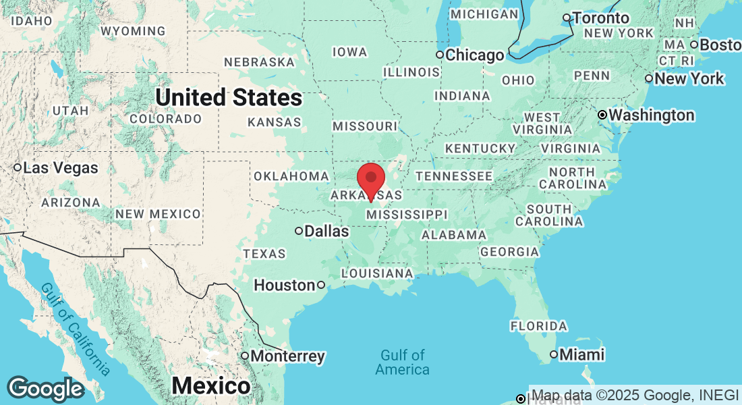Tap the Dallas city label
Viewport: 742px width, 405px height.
coord(326,231)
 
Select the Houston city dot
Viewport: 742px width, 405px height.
coord(321,285)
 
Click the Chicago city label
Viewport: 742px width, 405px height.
coord(475,55)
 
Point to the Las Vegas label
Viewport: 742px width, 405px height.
coord(60,167)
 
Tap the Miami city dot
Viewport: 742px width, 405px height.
coord(554,354)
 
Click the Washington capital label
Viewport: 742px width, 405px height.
coord(651,115)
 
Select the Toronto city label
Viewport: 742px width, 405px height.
coord(601,18)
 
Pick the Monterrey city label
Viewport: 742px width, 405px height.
coord(287,356)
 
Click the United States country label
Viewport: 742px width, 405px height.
coord(229,98)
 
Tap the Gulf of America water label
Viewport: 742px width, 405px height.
coord(403,362)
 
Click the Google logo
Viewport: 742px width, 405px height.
coord(45,389)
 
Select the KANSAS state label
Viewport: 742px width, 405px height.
coord(275,122)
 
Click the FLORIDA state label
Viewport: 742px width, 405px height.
coord(538,326)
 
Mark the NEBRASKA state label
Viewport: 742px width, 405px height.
coord(260,62)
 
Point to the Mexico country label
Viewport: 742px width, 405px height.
coord(211,386)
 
